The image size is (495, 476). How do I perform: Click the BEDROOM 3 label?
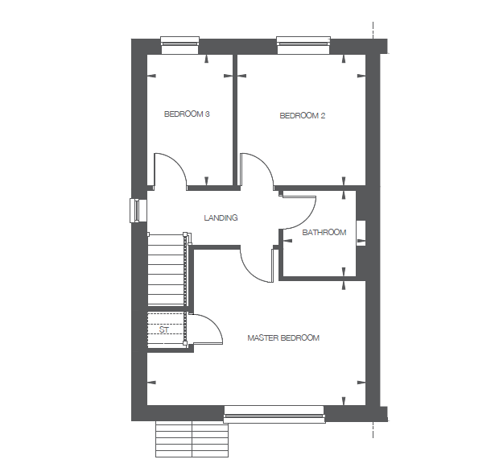click(x=187, y=114)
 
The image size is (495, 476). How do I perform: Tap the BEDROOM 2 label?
click(x=302, y=116)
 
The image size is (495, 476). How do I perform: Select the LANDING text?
click(x=221, y=218)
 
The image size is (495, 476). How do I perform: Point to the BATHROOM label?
click(x=324, y=233)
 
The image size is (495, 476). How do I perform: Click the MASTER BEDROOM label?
click(x=283, y=337)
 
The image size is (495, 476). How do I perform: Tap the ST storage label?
click(x=163, y=330)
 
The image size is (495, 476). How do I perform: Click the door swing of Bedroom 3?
click(x=171, y=169)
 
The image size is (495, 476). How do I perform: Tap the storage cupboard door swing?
click(x=206, y=330)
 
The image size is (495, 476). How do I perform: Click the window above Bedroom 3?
click(x=180, y=43)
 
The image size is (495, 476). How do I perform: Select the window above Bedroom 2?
click(x=303, y=43)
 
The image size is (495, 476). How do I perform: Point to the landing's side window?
click(x=135, y=209)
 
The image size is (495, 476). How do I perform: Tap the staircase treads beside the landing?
click(x=167, y=270)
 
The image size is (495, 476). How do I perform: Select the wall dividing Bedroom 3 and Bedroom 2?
click(x=234, y=121)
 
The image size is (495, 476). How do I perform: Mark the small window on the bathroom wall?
click(x=361, y=232)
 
